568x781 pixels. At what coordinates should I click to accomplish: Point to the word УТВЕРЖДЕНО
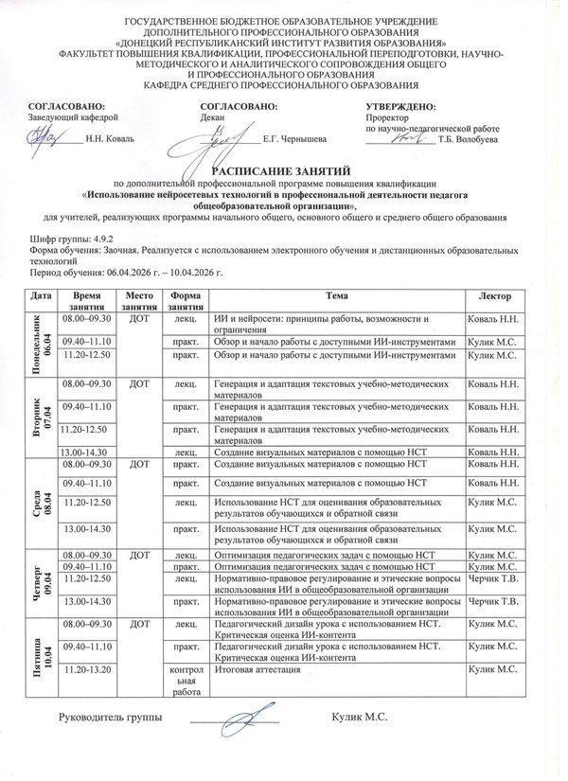(x=400, y=106)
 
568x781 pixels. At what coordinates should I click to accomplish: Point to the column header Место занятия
(x=139, y=301)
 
